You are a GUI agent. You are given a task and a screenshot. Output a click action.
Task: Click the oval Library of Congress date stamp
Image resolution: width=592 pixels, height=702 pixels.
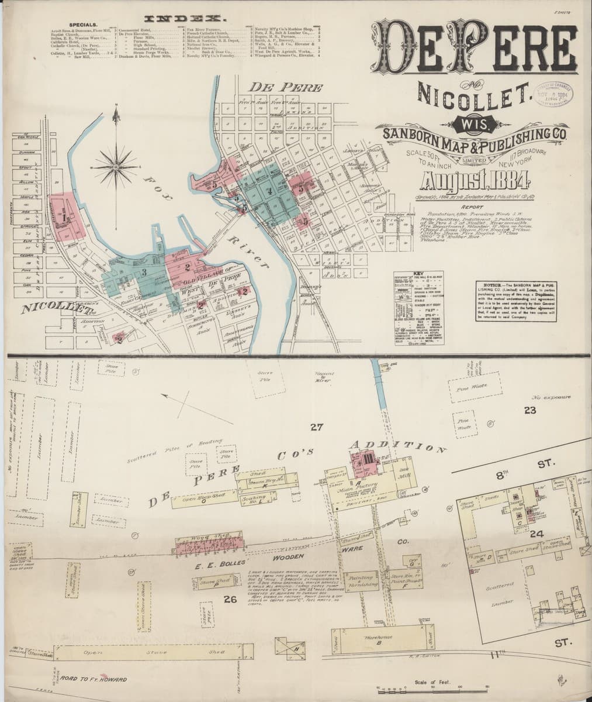[554, 92]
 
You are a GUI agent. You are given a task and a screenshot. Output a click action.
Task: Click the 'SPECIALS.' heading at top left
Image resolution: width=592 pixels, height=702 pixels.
[84, 25]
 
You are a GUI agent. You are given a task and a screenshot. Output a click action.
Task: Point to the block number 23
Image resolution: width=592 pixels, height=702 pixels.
[530, 410]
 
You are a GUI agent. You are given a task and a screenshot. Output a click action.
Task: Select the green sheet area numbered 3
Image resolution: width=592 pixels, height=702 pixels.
[142, 272]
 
